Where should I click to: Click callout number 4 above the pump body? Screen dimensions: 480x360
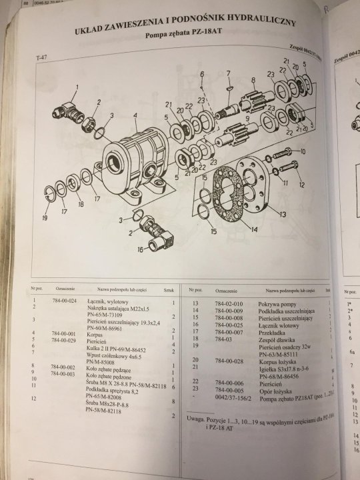135,115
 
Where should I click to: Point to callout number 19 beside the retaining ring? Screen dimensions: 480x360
45,217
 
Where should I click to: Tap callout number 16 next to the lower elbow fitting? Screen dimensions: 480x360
140,250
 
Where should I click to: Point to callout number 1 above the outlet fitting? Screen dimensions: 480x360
76,86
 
